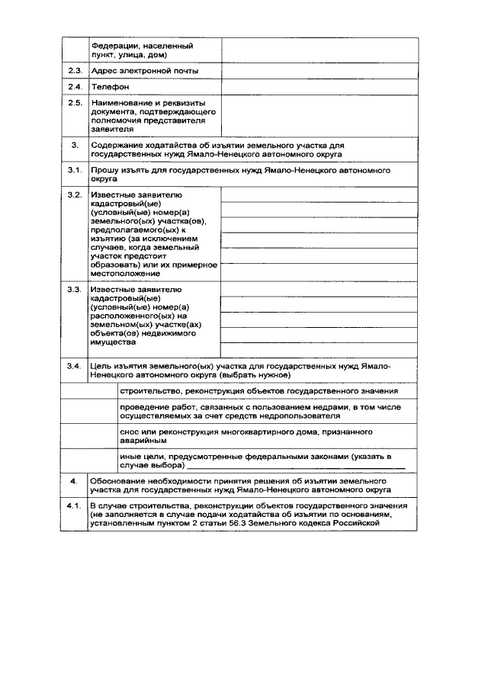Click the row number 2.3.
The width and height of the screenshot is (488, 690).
click(74, 70)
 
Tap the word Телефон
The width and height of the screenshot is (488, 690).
click(111, 87)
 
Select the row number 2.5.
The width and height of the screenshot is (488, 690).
click(74, 103)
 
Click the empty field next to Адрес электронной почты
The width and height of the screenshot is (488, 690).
click(319, 70)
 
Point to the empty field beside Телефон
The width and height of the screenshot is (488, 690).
click(319, 87)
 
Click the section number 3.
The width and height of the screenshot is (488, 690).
click(74, 144)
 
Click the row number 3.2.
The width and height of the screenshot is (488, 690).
click(74, 194)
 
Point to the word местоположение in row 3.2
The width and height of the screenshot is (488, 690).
click(126, 274)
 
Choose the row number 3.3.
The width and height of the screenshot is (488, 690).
click(74, 290)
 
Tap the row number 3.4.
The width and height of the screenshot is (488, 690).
click(74, 366)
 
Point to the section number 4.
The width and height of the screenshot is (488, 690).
click(74, 483)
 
